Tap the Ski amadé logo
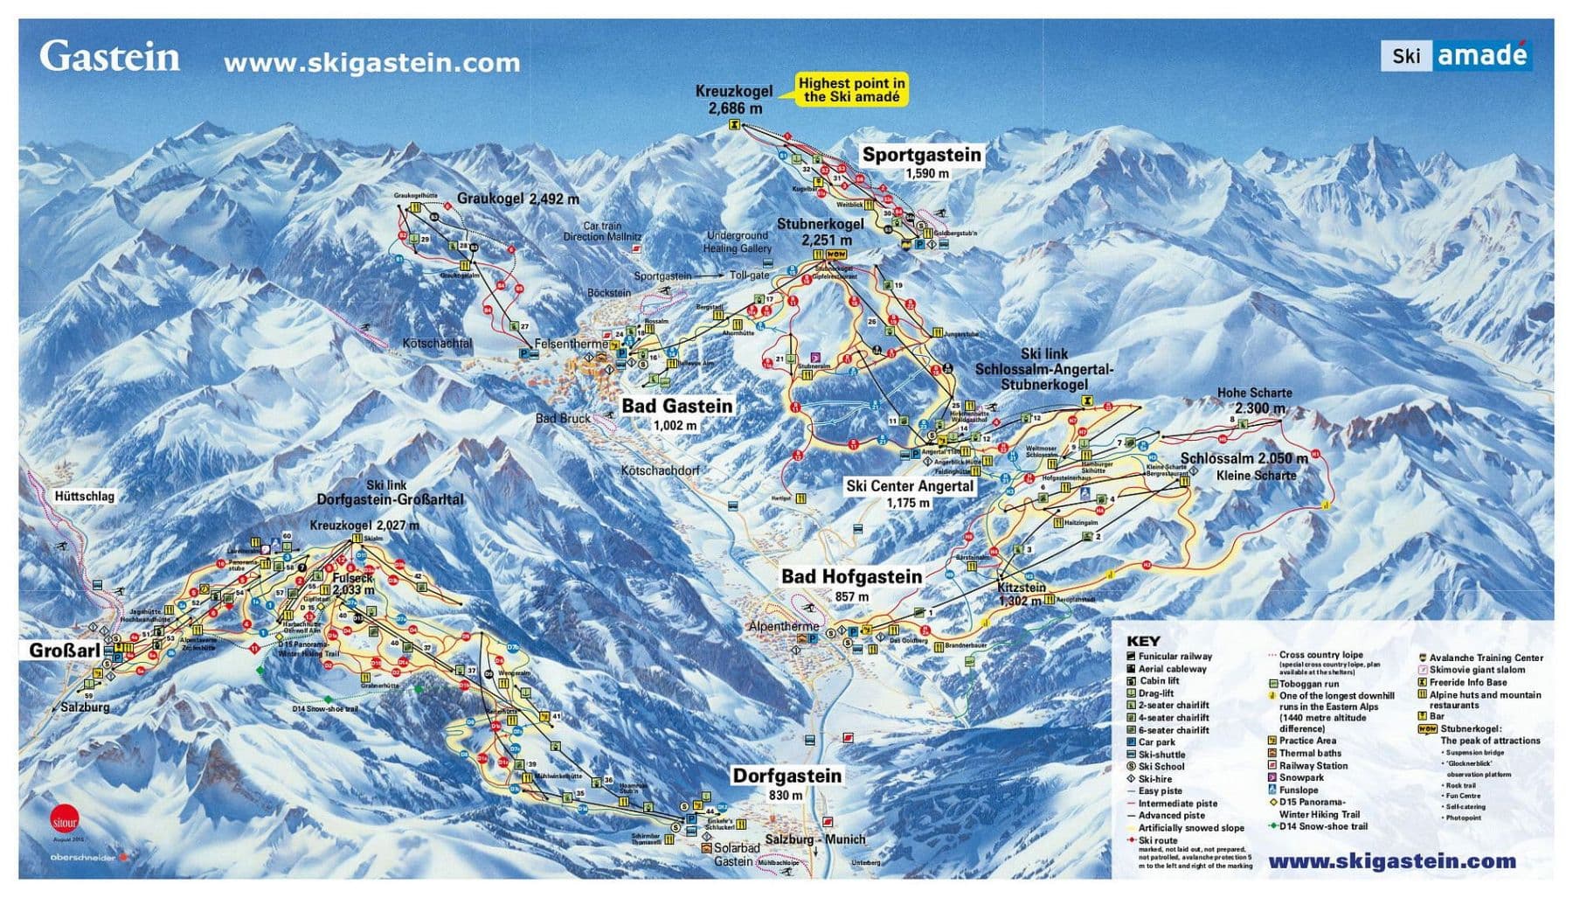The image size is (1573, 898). point(1455,55)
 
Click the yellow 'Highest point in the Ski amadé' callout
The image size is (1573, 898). point(852,89)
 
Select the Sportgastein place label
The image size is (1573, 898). point(922,156)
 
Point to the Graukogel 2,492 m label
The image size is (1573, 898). point(517,199)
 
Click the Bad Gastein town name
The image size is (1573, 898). point(676,406)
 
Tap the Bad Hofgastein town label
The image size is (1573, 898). point(851,576)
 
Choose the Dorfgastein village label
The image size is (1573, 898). point(786,776)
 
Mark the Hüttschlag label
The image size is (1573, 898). point(84,497)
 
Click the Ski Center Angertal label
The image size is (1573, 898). point(909,486)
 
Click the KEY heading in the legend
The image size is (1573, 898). point(1143,641)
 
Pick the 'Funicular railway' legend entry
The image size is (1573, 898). point(1174,657)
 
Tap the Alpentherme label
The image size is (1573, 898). point(783,626)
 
